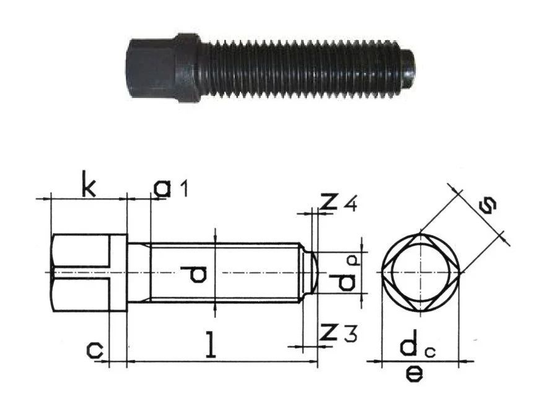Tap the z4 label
pos(338,203)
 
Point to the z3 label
pos(338,333)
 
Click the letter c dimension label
pos(95,350)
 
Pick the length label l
pos(211,344)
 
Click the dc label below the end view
pos(418,347)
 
